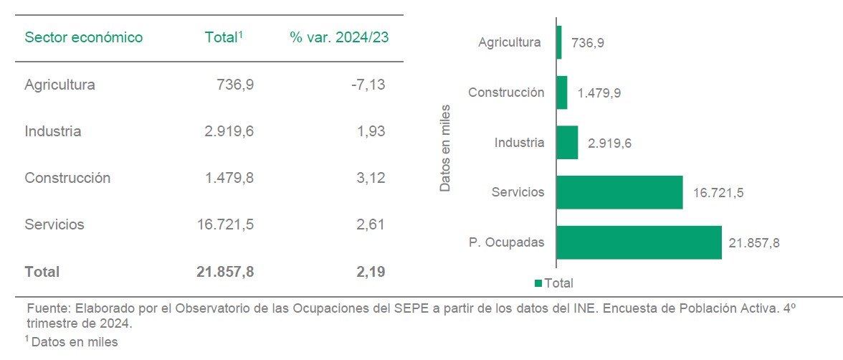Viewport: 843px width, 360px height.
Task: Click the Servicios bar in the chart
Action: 619,192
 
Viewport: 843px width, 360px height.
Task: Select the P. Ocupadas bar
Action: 639,242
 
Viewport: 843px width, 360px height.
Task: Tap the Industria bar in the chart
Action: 567,143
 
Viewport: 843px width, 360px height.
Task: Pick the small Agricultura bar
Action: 559,42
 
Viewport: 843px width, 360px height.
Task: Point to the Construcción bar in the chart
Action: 562,93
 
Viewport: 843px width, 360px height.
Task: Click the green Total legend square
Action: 538,283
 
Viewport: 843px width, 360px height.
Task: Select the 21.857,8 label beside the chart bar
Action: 754,242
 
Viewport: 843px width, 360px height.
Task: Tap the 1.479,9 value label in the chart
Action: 599,93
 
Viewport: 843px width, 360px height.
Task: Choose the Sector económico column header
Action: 84,37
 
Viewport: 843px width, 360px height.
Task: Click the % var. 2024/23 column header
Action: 339,37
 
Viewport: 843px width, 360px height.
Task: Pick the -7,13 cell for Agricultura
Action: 368,85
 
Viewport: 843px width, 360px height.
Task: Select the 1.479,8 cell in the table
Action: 229,178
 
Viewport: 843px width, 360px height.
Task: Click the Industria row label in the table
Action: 52,131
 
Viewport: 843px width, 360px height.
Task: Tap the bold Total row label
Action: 42,272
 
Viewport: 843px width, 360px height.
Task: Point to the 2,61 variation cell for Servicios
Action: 371,224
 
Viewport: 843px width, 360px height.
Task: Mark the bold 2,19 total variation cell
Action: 371,272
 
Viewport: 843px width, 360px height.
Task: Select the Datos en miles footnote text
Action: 74,342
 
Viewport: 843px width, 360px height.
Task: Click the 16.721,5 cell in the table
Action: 225,224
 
